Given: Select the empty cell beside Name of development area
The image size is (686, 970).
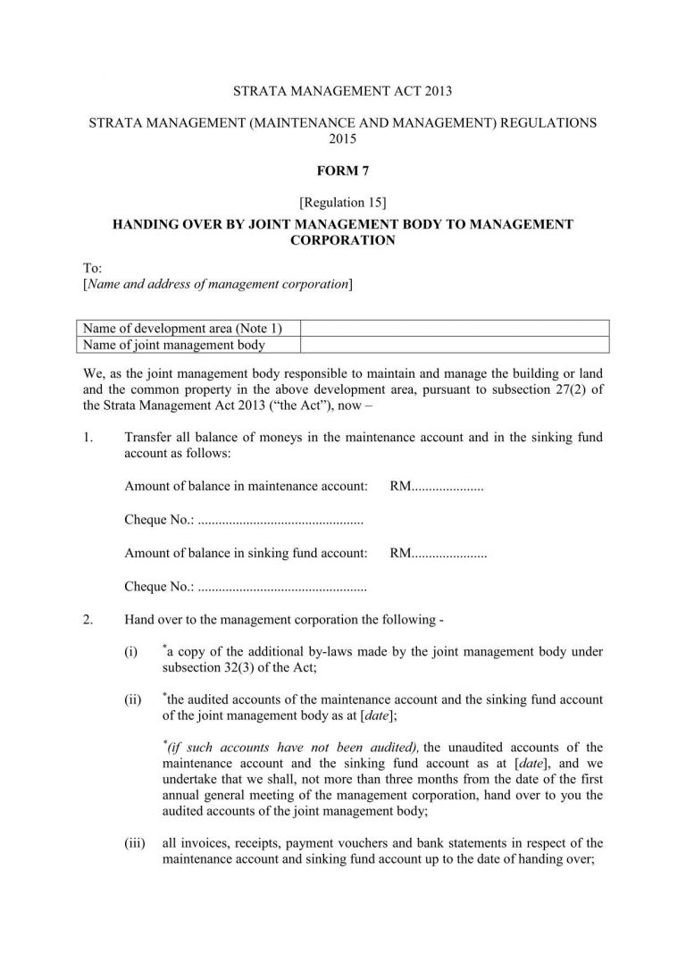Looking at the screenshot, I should [455, 328].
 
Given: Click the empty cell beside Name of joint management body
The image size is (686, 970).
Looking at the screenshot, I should [455, 344].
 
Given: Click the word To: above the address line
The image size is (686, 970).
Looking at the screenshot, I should [91, 268].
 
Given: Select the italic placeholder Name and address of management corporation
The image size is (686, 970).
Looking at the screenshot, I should [217, 284].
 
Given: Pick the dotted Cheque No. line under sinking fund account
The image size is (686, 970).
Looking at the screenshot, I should [281, 587].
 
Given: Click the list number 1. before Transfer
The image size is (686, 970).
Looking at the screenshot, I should [87, 438].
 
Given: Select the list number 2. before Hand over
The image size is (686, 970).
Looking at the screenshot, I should [87, 620].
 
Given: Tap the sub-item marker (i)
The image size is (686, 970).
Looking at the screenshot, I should [131, 653].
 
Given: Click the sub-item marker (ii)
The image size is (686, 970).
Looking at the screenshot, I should [133, 700].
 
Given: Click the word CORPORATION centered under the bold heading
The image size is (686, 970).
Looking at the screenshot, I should [342, 240].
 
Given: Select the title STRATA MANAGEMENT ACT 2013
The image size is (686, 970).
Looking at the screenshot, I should [342, 91].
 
